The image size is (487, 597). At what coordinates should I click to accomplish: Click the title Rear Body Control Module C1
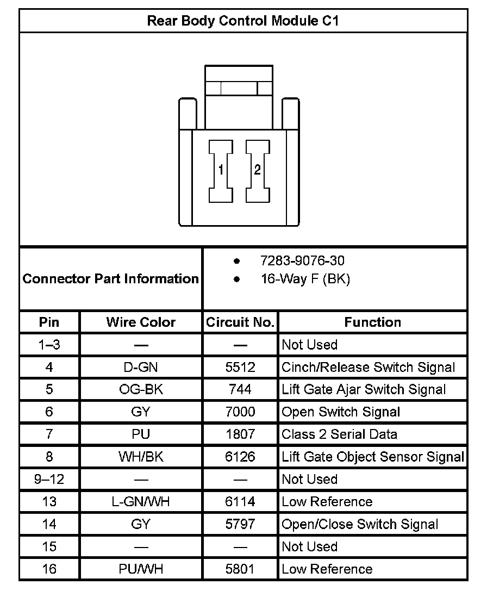point(243,21)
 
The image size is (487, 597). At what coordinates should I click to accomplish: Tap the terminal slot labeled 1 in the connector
point(221,170)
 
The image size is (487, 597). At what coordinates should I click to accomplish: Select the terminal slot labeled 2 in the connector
point(257,170)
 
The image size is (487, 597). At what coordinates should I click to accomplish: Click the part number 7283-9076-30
point(302,261)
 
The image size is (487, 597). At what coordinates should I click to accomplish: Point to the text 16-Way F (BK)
point(305,279)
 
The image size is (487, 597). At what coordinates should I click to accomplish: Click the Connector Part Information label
point(111,279)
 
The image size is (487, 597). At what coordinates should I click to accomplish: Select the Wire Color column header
point(141,322)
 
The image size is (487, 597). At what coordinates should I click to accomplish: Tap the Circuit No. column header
point(240,322)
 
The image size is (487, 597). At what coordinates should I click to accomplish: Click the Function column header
point(372,322)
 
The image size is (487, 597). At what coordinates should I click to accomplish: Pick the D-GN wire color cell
point(141,368)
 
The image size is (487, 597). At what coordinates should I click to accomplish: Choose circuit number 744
point(240,390)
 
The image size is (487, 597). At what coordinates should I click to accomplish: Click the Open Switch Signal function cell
point(341,412)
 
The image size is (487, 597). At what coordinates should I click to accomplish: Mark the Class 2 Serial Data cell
point(339,434)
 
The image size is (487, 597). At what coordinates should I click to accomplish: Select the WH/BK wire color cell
point(141,457)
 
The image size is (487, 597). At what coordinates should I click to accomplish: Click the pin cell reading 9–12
point(49,480)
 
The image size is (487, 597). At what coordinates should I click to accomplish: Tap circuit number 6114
point(240,502)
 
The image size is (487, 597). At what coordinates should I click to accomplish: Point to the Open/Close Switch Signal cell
point(360,525)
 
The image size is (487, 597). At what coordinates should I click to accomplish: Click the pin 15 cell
point(49,547)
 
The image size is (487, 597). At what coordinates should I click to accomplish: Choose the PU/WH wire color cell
point(141,569)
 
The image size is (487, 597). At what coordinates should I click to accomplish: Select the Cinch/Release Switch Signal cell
point(368,368)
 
